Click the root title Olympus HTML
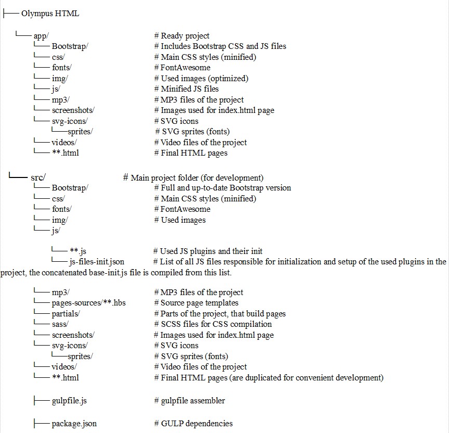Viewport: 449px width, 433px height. click(50, 14)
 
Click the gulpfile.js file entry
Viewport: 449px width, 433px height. click(69, 401)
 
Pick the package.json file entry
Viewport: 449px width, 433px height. click(74, 424)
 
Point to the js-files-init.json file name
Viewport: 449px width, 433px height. click(97, 261)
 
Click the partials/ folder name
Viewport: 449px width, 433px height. click(65, 314)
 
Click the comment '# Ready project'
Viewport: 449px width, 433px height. click(181, 36)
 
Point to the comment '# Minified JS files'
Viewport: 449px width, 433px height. click(186, 89)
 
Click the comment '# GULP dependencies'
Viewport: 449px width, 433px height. click(193, 424)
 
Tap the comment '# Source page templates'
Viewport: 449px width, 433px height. click(196, 303)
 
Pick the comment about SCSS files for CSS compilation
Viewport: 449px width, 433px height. click(213, 324)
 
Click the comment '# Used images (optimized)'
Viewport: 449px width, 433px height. click(201, 78)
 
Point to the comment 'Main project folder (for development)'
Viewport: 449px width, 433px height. click(193, 177)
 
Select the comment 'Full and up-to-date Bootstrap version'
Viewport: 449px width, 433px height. click(222, 188)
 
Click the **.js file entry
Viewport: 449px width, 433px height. click(77, 251)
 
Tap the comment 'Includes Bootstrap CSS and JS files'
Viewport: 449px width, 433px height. click(220, 46)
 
